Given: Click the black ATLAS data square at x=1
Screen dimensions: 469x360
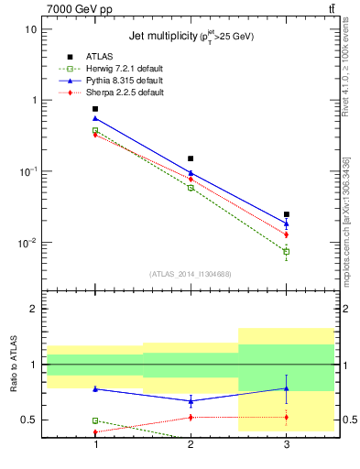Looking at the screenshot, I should [95, 109].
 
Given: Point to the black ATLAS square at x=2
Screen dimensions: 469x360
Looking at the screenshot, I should [191, 158].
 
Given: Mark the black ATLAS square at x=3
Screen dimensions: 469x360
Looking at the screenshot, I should [286, 214].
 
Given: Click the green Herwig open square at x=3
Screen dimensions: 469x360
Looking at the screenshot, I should [286, 251].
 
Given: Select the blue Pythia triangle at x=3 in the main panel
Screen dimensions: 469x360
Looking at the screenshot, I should [286, 224].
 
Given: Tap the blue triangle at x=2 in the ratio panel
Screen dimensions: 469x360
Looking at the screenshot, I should [191, 400].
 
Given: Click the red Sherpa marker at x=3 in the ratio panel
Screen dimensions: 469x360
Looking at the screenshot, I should [286, 418].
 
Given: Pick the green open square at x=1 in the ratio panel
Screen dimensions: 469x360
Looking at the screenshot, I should [95, 420].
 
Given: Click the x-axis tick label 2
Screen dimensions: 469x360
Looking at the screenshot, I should [191, 444].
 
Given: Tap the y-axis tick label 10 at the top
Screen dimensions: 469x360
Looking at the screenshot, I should [30, 29].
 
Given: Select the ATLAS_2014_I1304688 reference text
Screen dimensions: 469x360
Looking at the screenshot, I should [191, 274].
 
